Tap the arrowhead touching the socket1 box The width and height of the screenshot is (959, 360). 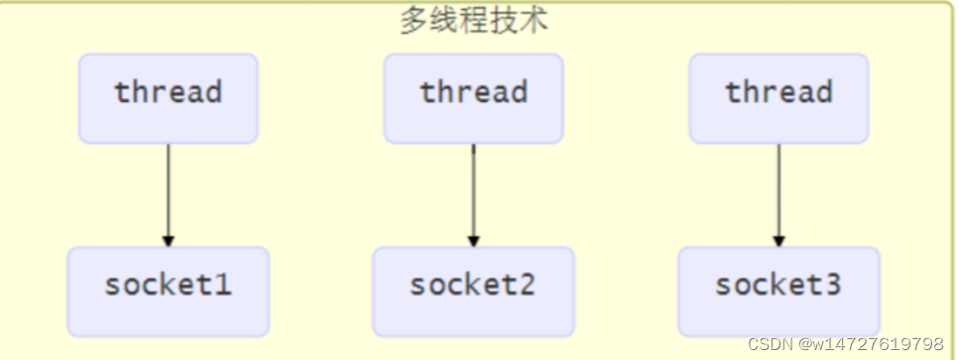click(x=169, y=240)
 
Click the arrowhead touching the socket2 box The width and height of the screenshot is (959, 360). click(x=473, y=240)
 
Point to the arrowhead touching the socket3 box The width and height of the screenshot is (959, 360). click(x=779, y=240)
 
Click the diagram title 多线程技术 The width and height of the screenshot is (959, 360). click(x=474, y=20)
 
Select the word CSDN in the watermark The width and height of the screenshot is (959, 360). click(x=768, y=344)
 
